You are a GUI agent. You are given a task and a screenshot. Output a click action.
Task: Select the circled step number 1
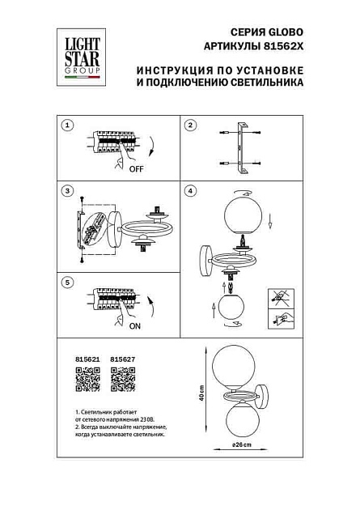click(x=68, y=125)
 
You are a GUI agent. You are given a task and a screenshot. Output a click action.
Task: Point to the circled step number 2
click(x=190, y=125)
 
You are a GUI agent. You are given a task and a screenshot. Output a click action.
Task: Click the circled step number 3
click(x=68, y=192)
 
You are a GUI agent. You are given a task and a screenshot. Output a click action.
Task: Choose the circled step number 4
click(x=190, y=192)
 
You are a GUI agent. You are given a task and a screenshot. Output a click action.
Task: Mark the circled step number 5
click(x=68, y=282)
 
